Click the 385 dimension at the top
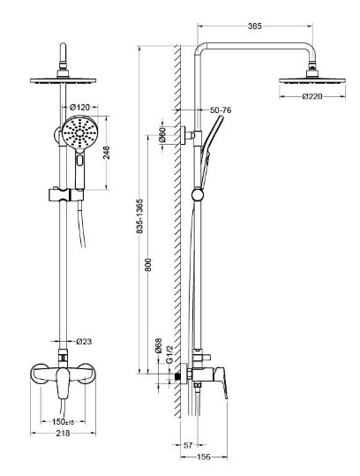(254, 26)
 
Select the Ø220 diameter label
(312, 96)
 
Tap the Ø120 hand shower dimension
(79, 107)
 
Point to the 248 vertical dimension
(107, 153)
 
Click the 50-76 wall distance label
(221, 110)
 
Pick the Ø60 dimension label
(162, 135)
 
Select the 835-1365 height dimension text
(139, 216)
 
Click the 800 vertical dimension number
(148, 265)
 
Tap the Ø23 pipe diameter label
(84, 342)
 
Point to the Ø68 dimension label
(158, 346)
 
